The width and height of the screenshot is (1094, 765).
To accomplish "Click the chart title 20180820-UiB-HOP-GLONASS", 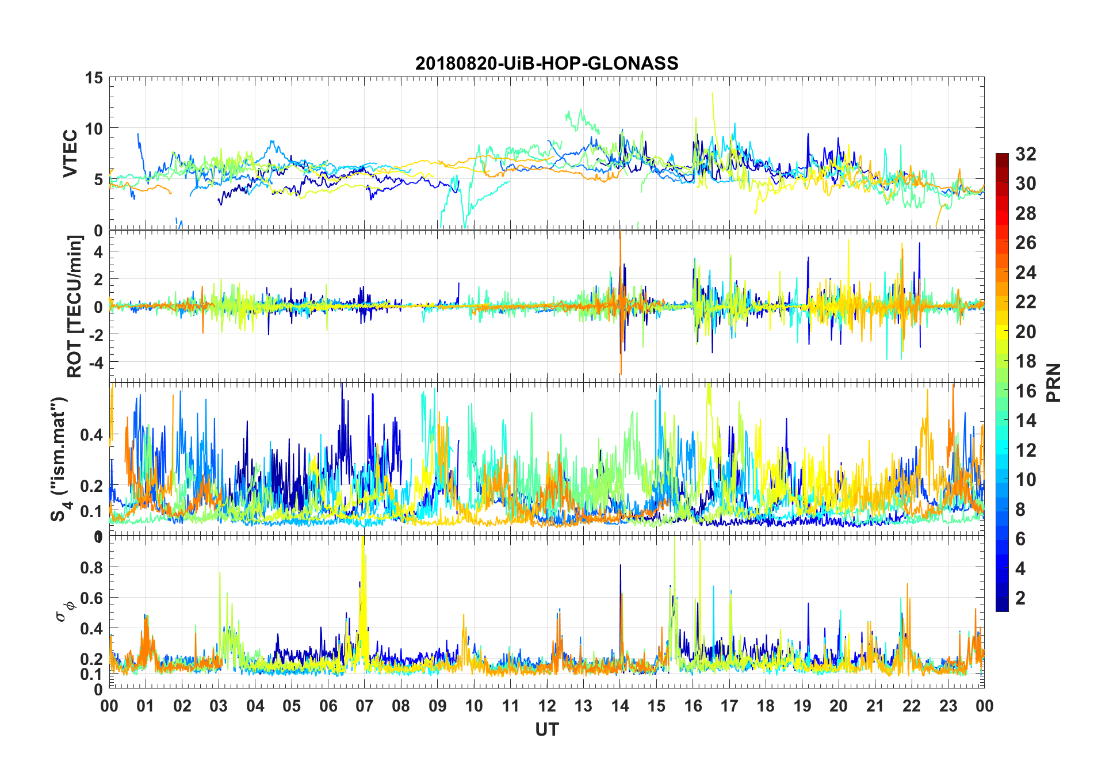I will (546, 63).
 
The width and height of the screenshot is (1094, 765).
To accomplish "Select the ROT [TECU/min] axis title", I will (75, 306).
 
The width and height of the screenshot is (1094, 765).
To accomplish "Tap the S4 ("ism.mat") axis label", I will (60, 459).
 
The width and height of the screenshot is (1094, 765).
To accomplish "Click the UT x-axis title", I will (546, 730).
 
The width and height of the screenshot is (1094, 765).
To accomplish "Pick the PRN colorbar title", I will (1053, 382).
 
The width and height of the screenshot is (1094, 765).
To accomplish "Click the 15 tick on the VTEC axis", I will (94, 78).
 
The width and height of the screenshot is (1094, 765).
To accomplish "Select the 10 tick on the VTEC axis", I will (94, 129).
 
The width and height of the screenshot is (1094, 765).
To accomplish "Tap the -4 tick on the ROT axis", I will (95, 362).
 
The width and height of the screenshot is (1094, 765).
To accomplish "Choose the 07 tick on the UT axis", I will (364, 706).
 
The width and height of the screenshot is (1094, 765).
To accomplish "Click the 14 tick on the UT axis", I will (619, 706).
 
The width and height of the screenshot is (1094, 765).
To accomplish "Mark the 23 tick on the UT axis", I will (948, 706).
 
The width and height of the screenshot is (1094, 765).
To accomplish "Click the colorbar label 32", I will (1026, 154).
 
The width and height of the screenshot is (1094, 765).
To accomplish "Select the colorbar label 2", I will (1020, 598).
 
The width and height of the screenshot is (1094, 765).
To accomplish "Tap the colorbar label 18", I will (1026, 361).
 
